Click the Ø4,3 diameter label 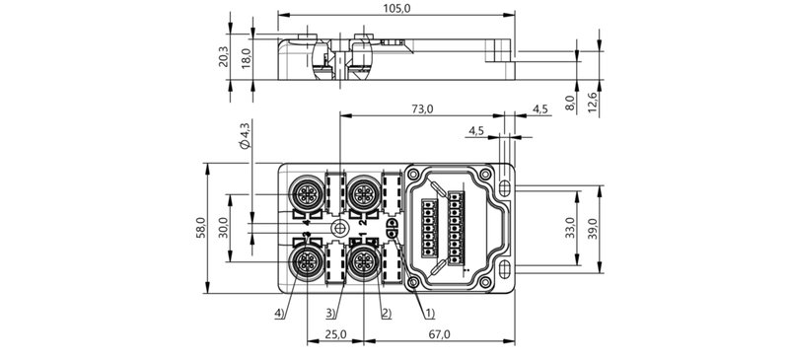(245, 134)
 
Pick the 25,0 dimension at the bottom (335, 335)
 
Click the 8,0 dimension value (570, 102)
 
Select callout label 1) (429, 314)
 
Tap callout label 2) (386, 314)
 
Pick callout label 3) (332, 314)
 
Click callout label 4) (281, 314)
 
